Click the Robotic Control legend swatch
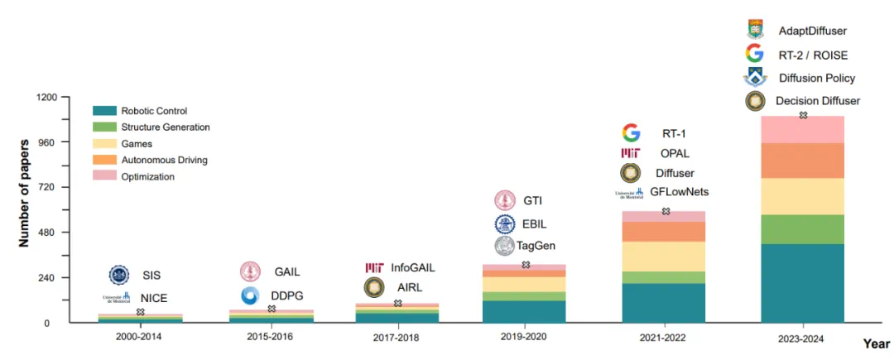[105, 110]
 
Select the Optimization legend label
[147, 176]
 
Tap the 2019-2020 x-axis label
[525, 338]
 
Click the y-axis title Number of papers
[25, 194]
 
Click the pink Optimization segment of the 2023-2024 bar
[802, 130]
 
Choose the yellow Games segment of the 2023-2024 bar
[802, 196]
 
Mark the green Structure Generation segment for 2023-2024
[802, 229]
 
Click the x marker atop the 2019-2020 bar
[526, 265]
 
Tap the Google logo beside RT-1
[631, 132]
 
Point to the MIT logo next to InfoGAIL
[374, 268]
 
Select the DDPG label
[286, 295]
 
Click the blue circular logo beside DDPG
[250, 295]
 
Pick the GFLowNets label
[679, 193]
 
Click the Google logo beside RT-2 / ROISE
[753, 55]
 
